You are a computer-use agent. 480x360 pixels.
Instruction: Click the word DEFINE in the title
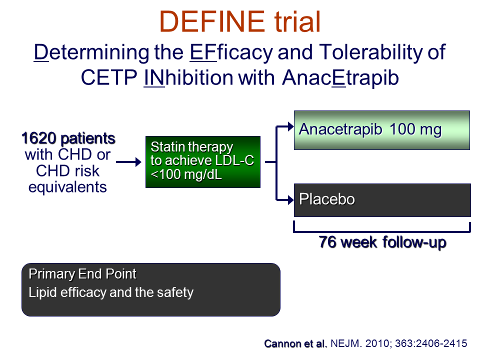click(212, 21)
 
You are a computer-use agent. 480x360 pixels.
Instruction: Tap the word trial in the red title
click(297, 21)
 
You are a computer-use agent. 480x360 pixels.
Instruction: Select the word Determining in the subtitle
click(91, 52)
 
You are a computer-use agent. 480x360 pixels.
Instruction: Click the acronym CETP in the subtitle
click(109, 77)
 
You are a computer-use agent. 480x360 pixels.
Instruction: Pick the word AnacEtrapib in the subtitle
click(340, 78)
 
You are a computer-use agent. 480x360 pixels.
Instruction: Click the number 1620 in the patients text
click(38, 138)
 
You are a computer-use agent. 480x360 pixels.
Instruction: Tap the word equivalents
click(67, 186)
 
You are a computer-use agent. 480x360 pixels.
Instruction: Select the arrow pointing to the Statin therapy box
click(128, 162)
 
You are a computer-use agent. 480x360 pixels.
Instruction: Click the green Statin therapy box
click(203, 162)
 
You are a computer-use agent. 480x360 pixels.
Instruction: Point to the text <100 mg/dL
click(186, 174)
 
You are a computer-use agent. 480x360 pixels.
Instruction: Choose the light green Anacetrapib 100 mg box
click(381, 130)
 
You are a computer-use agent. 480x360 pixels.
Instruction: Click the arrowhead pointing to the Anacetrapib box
click(290, 126)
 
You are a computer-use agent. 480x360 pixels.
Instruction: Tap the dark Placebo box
click(382, 200)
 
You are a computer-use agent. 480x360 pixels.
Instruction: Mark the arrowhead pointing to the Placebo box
click(290, 200)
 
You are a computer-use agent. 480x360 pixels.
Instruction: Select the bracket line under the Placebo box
click(381, 231)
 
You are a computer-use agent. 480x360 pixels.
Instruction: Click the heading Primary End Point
click(82, 274)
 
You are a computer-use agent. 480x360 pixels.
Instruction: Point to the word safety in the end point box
click(175, 292)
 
